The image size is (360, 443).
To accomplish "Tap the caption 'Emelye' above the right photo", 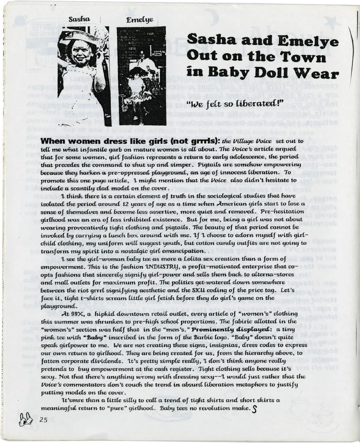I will [139, 20].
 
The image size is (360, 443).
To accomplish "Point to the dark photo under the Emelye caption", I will [141, 77].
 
